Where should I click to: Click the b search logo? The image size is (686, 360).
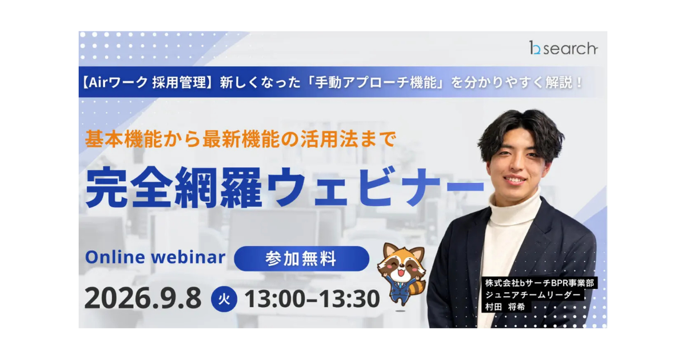(x=563, y=48)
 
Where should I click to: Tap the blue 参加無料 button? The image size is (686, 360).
(x=301, y=258)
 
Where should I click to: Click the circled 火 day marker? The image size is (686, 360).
(x=224, y=299)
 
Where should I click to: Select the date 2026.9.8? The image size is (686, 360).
(x=143, y=298)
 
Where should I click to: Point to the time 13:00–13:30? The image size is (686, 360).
(x=312, y=298)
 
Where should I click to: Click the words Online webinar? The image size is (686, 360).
(x=155, y=257)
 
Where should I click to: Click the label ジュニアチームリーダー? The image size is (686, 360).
(x=533, y=295)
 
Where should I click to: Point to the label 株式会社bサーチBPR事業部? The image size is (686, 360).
(x=540, y=283)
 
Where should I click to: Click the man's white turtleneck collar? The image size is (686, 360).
(x=514, y=208)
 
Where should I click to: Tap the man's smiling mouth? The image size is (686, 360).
(x=514, y=179)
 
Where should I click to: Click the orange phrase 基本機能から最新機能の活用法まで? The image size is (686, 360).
(x=241, y=139)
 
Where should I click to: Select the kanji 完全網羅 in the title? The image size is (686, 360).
(x=174, y=187)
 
